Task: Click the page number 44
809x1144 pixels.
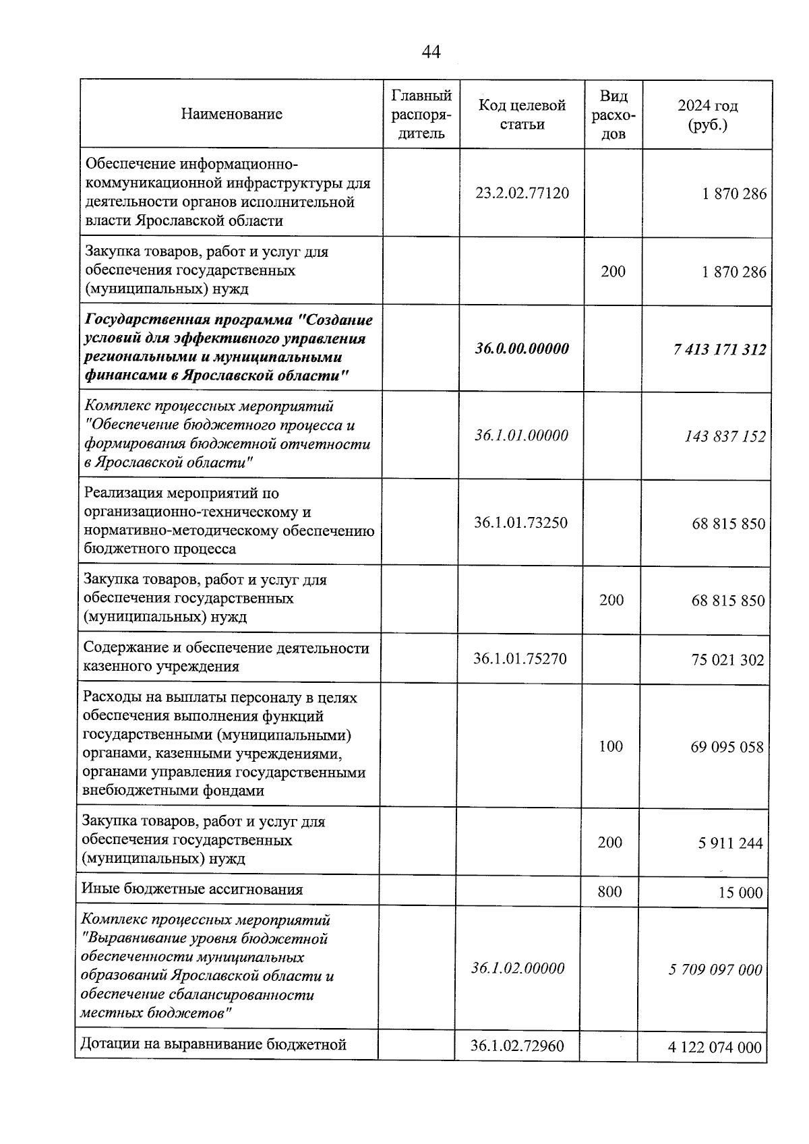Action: pos(431,52)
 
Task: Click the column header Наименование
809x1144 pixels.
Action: pos(231,114)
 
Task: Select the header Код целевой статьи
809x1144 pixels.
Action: pos(522,115)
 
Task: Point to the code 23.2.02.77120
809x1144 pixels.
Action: pos(522,193)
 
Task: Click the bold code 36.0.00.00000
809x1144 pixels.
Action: pos(521,349)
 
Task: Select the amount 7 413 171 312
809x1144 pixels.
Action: pos(719,350)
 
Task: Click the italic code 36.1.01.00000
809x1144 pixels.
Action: pos(521,435)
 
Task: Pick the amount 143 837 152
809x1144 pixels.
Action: pos(725,437)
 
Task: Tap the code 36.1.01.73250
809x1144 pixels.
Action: pos(520,522)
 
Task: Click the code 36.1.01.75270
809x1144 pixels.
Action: pos(520,659)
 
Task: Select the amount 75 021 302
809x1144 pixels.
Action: pos(727,660)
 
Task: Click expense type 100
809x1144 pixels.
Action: pos(611,746)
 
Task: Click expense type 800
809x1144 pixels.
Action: pos(609,892)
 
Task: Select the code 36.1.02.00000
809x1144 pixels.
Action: pos(518,969)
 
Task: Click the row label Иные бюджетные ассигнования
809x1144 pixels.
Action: pos(192,889)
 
